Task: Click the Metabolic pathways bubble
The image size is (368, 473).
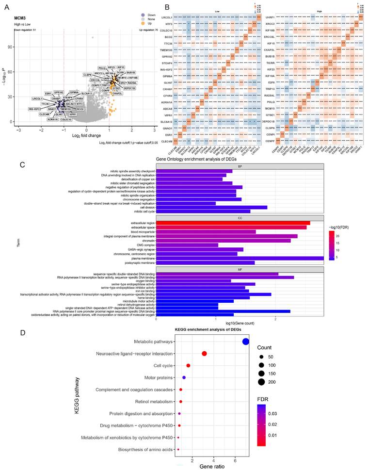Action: pos(246,342)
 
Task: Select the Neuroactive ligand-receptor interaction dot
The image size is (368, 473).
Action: pos(204,354)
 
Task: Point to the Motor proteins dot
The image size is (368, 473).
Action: pos(184,377)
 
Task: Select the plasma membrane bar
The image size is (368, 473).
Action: pos(240,258)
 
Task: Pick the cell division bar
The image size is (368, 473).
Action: pos(211,207)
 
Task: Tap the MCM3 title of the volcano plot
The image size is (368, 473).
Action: pos(21,18)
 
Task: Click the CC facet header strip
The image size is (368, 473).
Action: pos(240,218)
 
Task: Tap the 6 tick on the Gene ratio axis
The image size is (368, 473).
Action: pos(235,459)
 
